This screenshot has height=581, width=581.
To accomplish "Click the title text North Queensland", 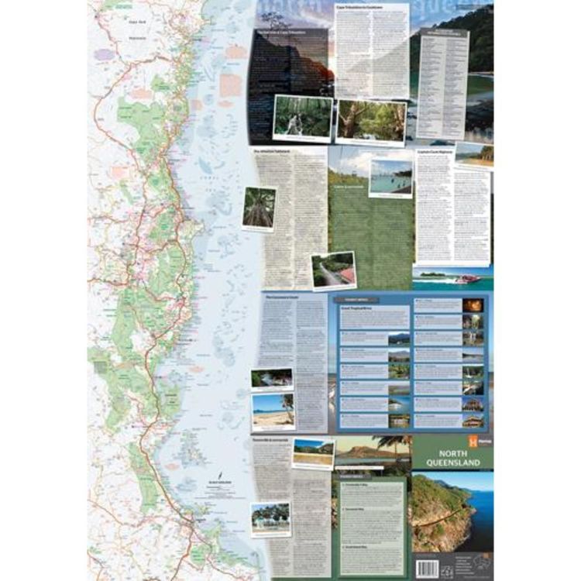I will [452, 458].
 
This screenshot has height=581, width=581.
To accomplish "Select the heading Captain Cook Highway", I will [435, 153].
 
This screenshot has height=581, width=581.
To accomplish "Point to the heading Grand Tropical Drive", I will [357, 308].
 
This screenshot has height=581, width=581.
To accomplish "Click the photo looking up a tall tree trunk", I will [259, 207].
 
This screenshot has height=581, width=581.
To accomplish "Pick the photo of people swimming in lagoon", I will [390, 177].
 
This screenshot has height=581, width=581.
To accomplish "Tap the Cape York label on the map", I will [116, 22].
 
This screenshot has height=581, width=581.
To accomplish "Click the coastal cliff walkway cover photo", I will [452, 511].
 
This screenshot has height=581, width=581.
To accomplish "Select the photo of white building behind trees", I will [270, 518].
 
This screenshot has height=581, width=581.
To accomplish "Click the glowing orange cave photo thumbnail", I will [473, 305].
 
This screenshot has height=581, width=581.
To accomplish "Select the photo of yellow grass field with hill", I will [314, 452].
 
